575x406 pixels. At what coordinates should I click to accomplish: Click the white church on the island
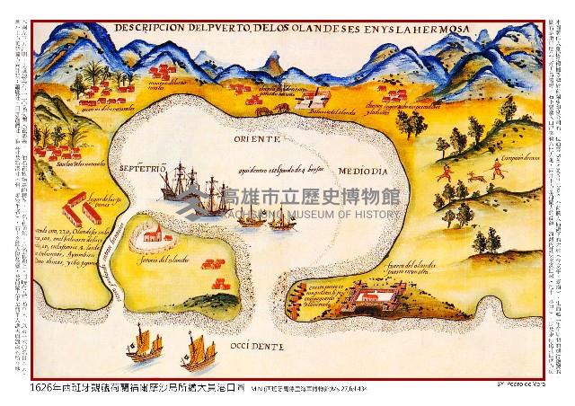(153, 237)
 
